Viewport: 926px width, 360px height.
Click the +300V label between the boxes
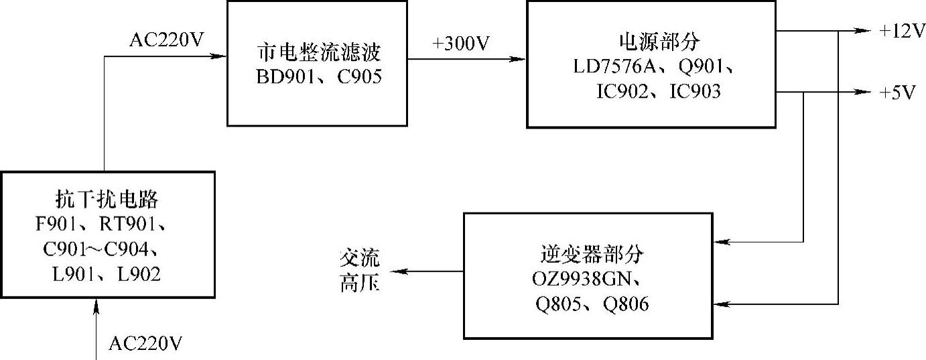click(x=462, y=45)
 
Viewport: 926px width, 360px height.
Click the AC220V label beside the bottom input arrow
click(x=145, y=345)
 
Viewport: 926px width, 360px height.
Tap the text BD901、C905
click(x=318, y=77)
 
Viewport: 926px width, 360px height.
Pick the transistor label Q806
click(x=626, y=304)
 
